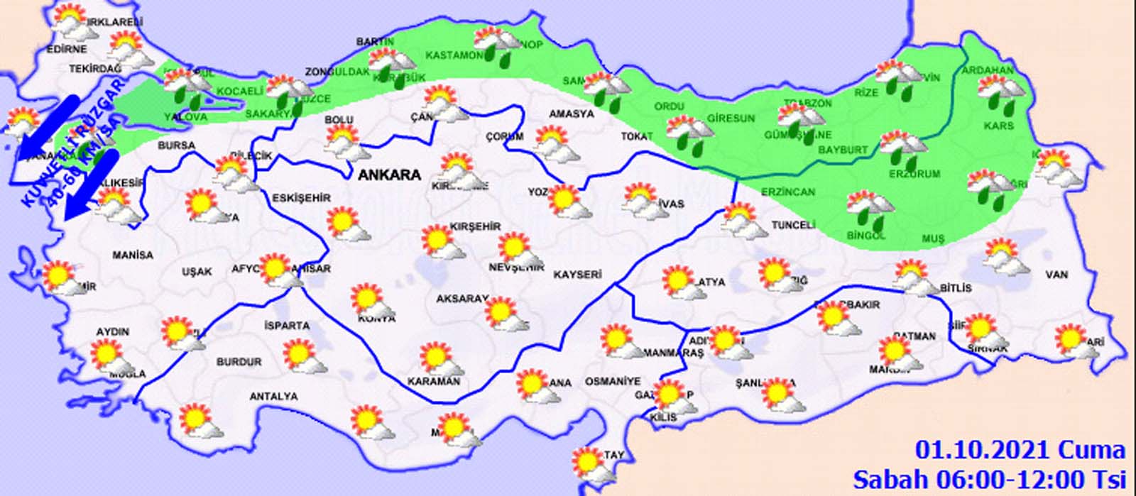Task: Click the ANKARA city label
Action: tap(390, 175)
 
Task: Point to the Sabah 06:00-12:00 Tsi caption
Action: tap(989, 478)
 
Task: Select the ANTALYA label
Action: tap(273, 397)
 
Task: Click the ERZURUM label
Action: tap(914, 174)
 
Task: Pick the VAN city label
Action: tap(1056, 275)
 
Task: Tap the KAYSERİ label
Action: tap(577, 274)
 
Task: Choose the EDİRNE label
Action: tap(67, 49)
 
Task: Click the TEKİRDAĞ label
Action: tap(95, 69)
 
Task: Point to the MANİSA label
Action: tap(132, 255)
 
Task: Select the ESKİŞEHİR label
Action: tap(302, 198)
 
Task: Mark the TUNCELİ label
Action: tap(793, 225)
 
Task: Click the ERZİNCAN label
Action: tap(788, 192)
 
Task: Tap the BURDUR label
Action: tap(239, 362)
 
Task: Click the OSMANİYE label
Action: tap(612, 381)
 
